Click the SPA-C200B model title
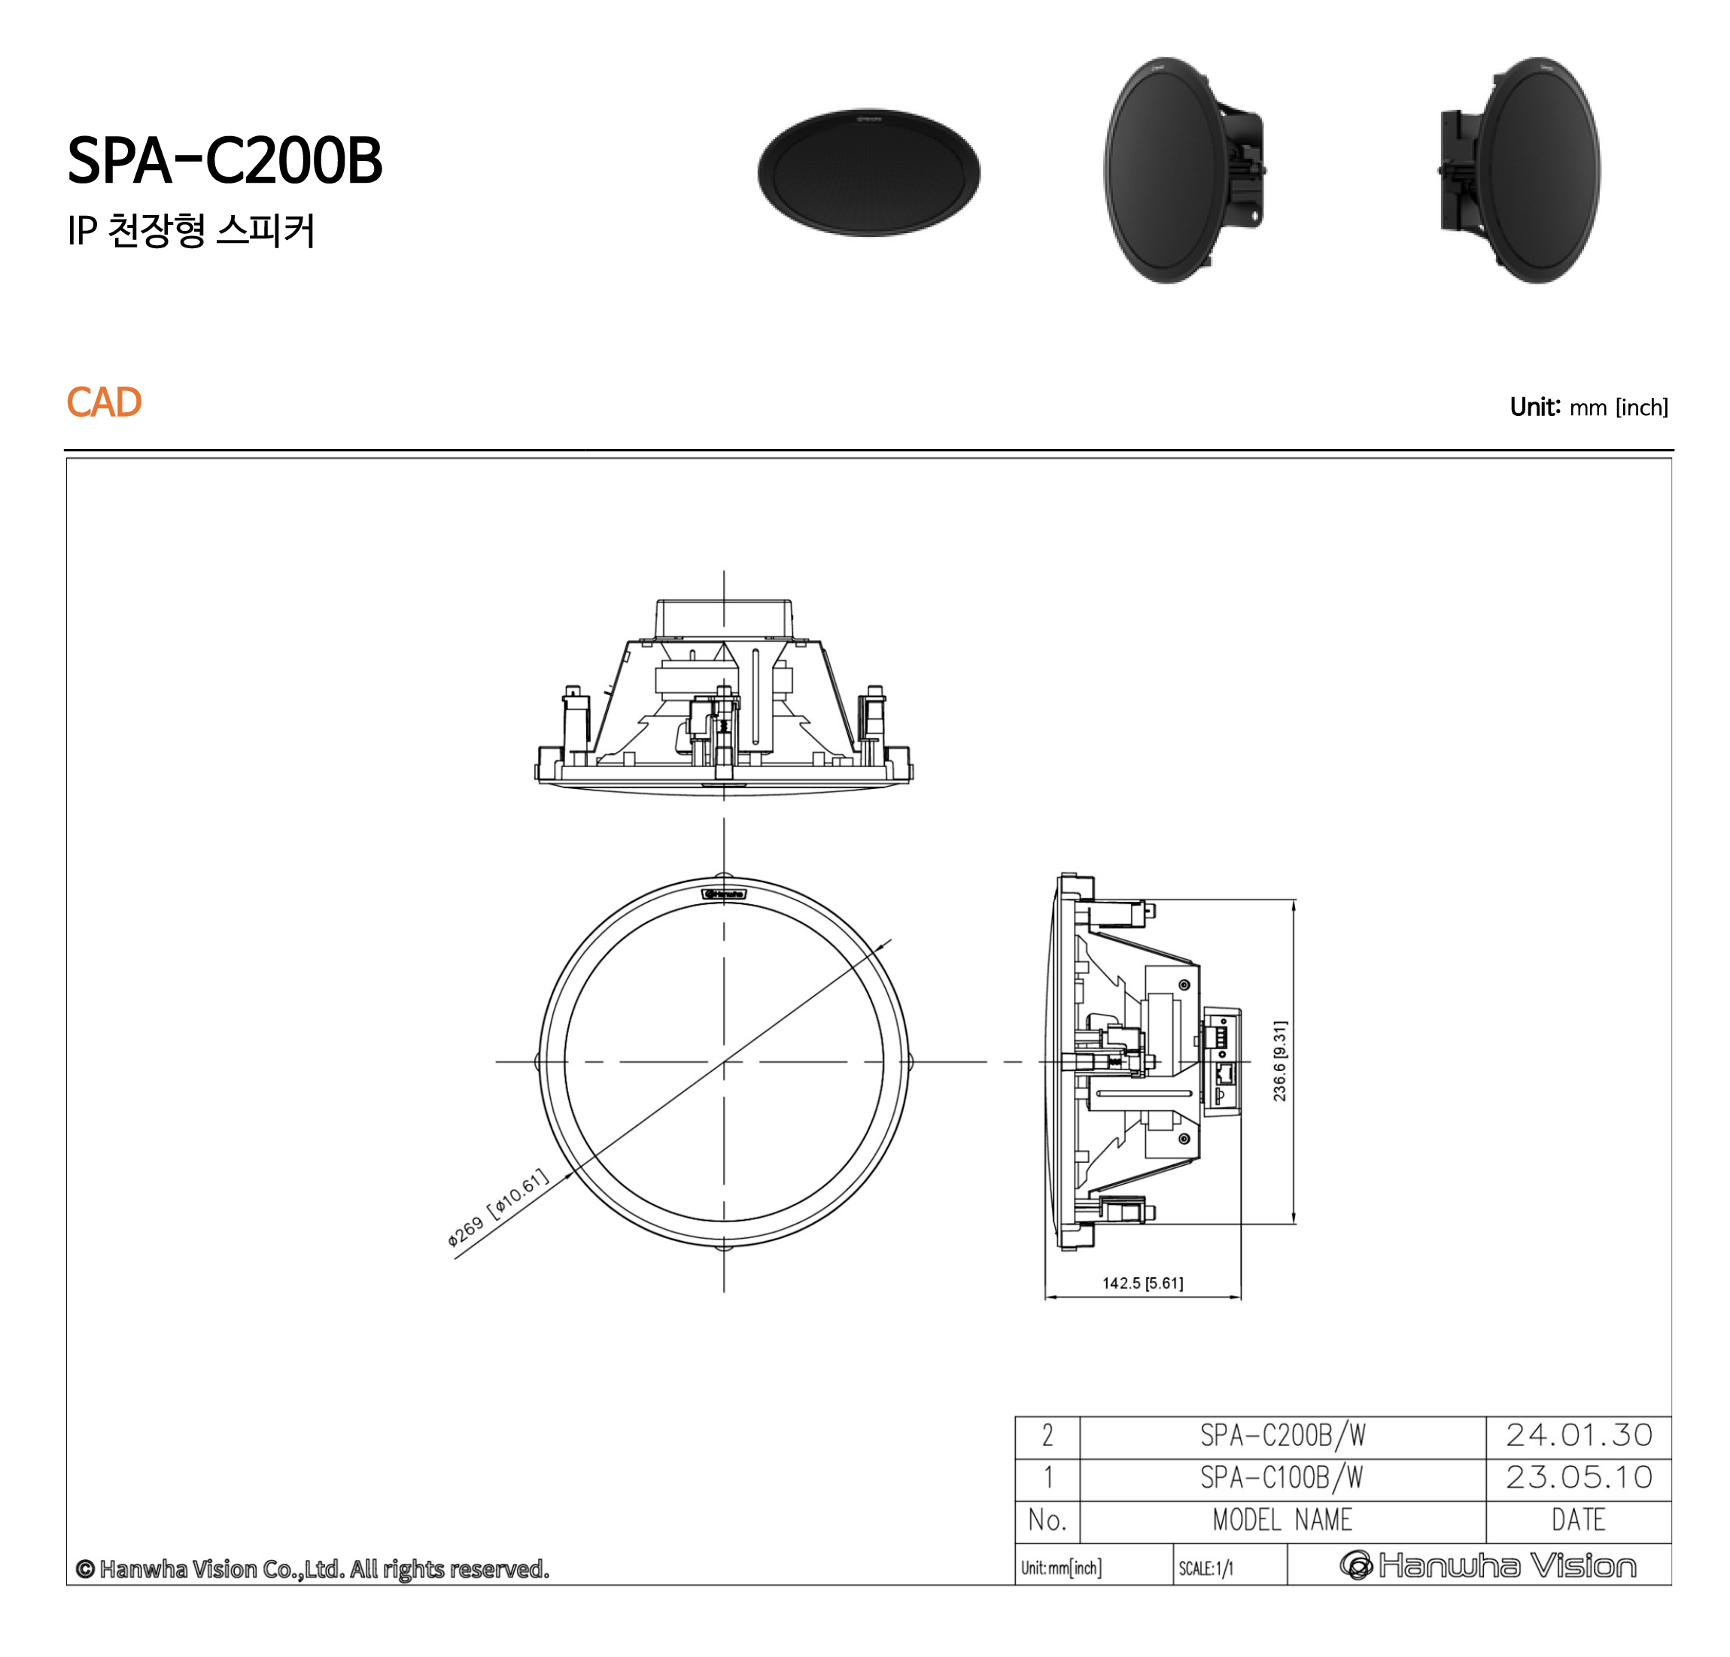click(224, 162)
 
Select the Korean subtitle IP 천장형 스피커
click(190, 231)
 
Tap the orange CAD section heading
click(103, 402)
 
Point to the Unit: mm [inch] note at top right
click(1588, 407)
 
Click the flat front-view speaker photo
click(868, 173)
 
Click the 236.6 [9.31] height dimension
click(1279, 1061)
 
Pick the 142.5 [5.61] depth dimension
click(1142, 1283)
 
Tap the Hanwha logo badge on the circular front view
click(724, 894)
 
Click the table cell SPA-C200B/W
click(1282, 1436)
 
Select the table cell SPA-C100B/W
click(1282, 1478)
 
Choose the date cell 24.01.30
click(1578, 1436)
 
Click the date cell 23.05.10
click(1578, 1478)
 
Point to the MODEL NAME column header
click(1282, 1520)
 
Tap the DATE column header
click(1578, 1520)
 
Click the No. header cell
click(1047, 1520)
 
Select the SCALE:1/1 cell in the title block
click(1206, 1568)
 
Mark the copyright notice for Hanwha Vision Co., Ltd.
click(312, 1569)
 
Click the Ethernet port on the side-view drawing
click(1225, 1075)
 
